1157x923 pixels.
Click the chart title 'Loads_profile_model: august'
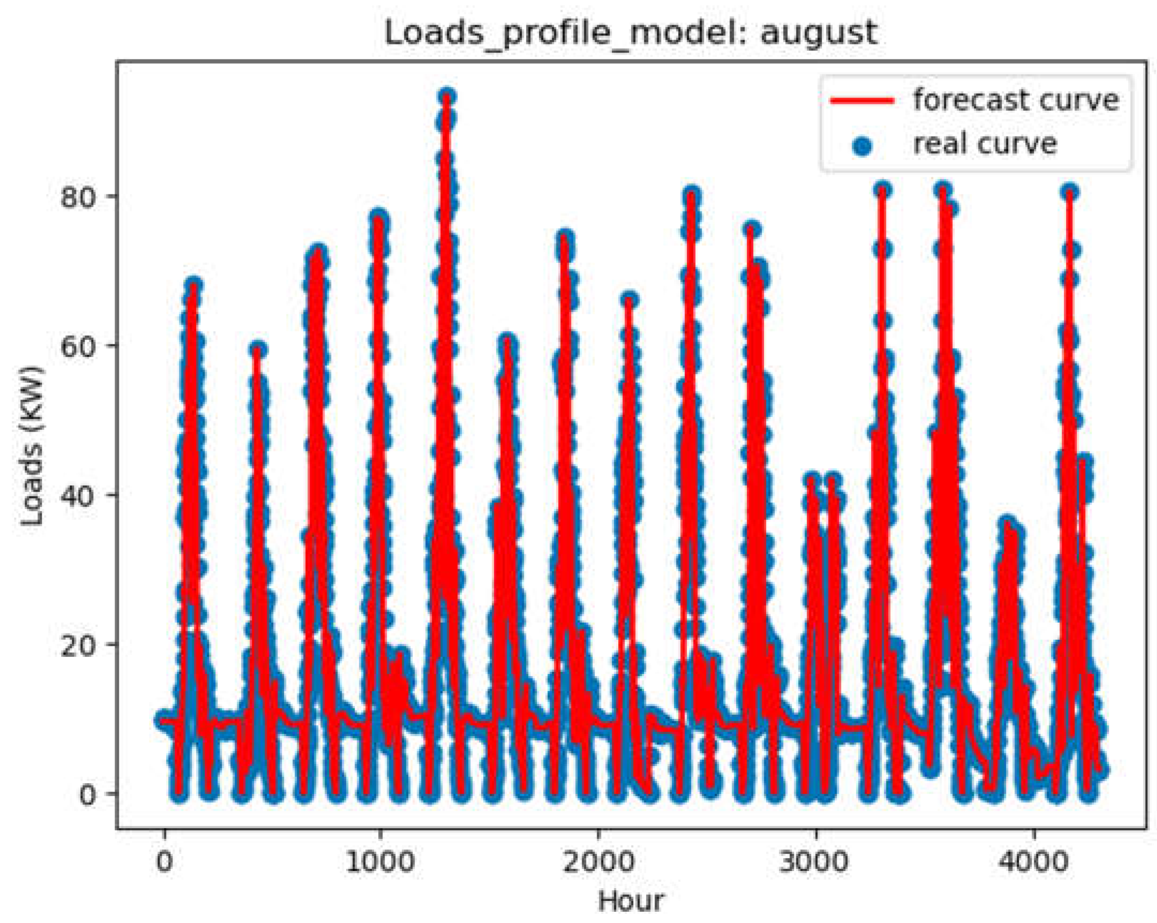coord(631,33)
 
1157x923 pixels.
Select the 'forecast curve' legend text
coord(1016,100)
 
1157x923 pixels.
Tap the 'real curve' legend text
coord(985,143)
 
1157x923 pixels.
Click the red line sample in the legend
coord(862,101)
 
